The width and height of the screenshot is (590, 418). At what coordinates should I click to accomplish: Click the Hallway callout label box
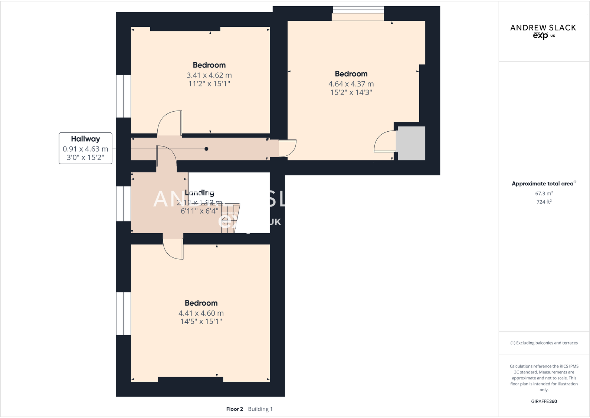point(85,148)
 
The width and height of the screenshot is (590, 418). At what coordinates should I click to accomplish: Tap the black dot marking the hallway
point(206,149)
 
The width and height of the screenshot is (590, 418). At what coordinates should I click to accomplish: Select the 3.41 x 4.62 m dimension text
point(209,75)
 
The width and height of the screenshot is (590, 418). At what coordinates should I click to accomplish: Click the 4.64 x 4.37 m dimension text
point(351,84)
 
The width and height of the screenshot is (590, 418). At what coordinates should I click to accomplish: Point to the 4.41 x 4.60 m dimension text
point(201,313)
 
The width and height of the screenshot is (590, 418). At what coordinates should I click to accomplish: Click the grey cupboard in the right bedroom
point(411,143)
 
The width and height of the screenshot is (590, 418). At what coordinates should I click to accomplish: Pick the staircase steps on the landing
point(230,219)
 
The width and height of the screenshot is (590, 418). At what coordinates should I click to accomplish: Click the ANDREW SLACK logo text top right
point(543,28)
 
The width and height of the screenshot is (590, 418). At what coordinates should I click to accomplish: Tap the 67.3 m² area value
point(544,194)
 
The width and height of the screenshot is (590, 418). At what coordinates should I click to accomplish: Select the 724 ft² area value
point(544,202)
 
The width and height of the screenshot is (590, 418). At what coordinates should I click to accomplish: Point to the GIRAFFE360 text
point(544,401)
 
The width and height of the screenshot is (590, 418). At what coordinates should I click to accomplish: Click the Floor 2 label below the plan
point(235,409)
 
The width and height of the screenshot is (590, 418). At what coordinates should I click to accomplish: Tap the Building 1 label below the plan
point(260,409)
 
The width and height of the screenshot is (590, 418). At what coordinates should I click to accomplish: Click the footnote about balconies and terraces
point(544,343)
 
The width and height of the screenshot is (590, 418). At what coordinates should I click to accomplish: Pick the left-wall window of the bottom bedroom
point(124,314)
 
